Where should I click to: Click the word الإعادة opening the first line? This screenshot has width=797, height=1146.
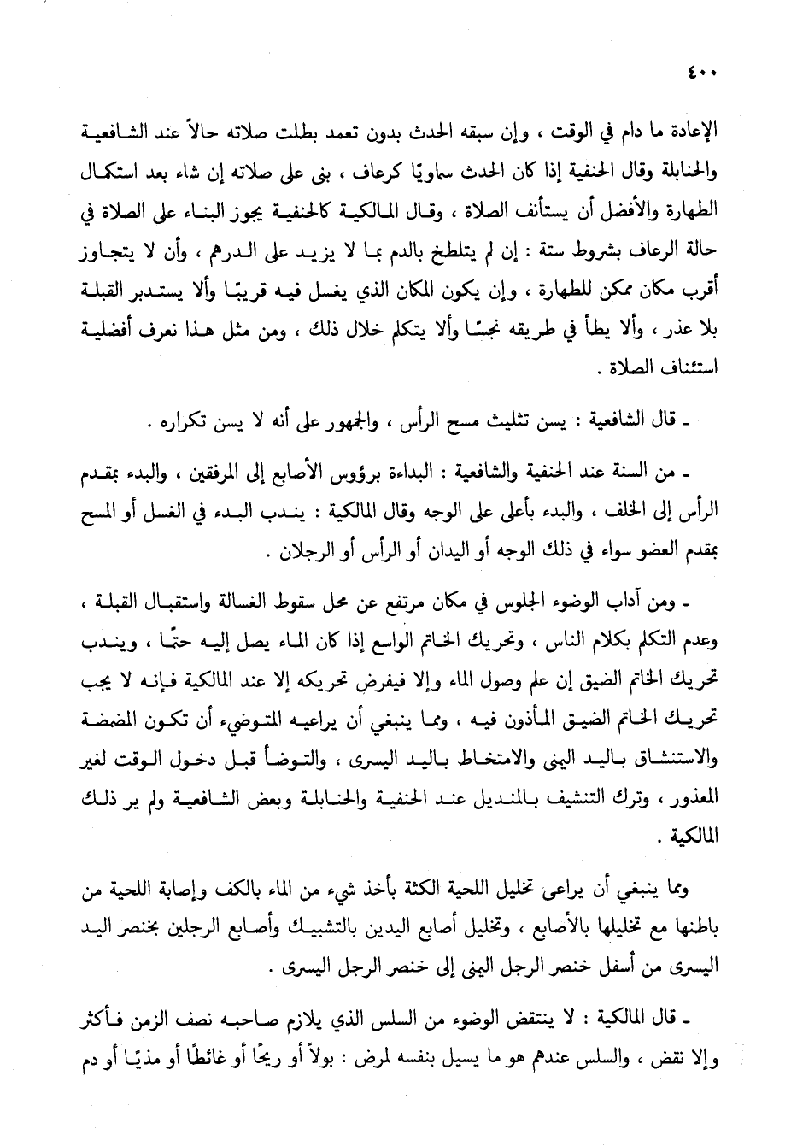[x=695, y=133]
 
